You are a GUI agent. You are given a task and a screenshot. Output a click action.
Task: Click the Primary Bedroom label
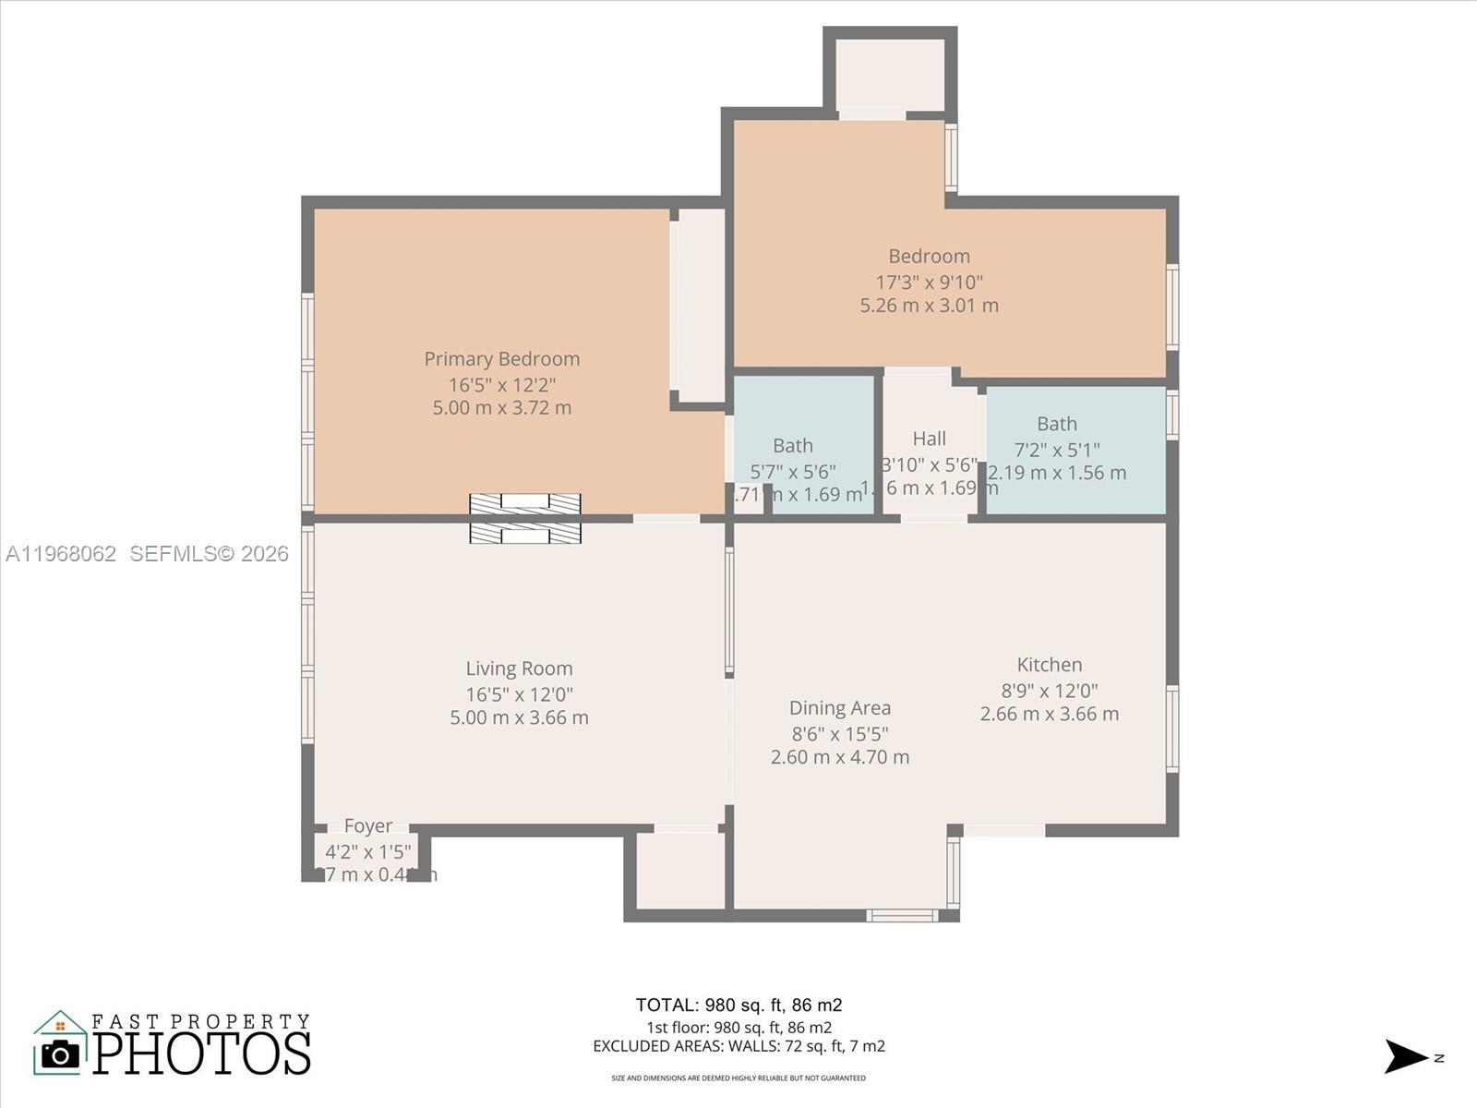(x=502, y=359)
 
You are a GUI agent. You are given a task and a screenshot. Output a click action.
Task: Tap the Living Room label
(x=519, y=668)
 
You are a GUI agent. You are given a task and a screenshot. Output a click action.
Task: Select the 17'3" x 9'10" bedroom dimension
(x=929, y=283)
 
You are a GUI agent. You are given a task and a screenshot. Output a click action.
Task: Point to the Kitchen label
(x=1050, y=665)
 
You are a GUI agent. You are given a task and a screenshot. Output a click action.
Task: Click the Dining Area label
(x=840, y=708)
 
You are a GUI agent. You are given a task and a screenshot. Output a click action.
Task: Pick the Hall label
(x=930, y=439)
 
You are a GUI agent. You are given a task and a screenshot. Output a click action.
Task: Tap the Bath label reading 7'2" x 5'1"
(x=1057, y=424)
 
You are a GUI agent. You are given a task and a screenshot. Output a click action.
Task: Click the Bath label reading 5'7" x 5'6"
(x=793, y=446)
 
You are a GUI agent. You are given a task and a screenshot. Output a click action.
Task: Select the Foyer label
(x=368, y=825)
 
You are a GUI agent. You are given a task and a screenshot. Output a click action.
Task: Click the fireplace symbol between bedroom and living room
(x=524, y=518)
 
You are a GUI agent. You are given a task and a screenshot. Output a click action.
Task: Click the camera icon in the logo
(x=61, y=1054)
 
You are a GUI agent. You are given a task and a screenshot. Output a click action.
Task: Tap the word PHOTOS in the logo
(x=201, y=1054)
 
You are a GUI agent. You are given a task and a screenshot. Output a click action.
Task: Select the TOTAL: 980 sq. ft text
(x=738, y=1005)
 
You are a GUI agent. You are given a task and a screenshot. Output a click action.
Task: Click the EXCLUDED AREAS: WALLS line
(x=738, y=1046)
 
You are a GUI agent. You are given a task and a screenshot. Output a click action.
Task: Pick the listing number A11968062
(x=61, y=553)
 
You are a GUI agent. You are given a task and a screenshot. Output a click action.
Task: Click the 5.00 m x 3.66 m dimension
(x=519, y=717)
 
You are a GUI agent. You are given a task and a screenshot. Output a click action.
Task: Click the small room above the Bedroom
(x=890, y=75)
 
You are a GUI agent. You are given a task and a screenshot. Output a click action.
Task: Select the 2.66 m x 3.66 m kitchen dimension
(x=1050, y=714)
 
